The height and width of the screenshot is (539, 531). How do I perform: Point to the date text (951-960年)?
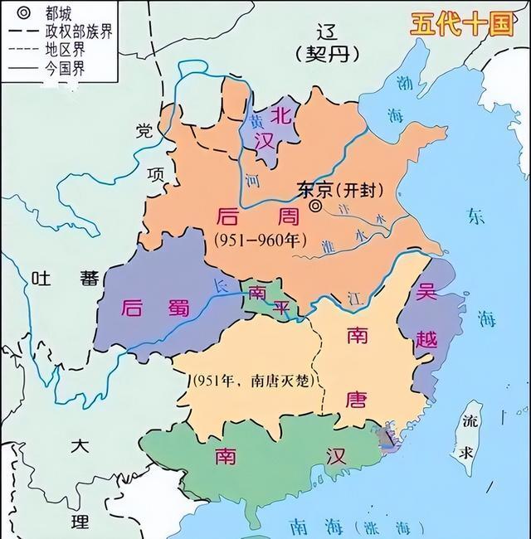click(260, 240)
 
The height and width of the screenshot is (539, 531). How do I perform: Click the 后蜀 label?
click(154, 307)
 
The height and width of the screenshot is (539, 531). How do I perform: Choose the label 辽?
click(328, 32)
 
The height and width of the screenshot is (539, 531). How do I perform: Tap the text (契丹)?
click(328, 55)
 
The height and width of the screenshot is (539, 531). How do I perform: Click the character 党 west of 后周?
click(145, 131)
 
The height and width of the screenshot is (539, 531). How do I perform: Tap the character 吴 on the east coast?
click(426, 294)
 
